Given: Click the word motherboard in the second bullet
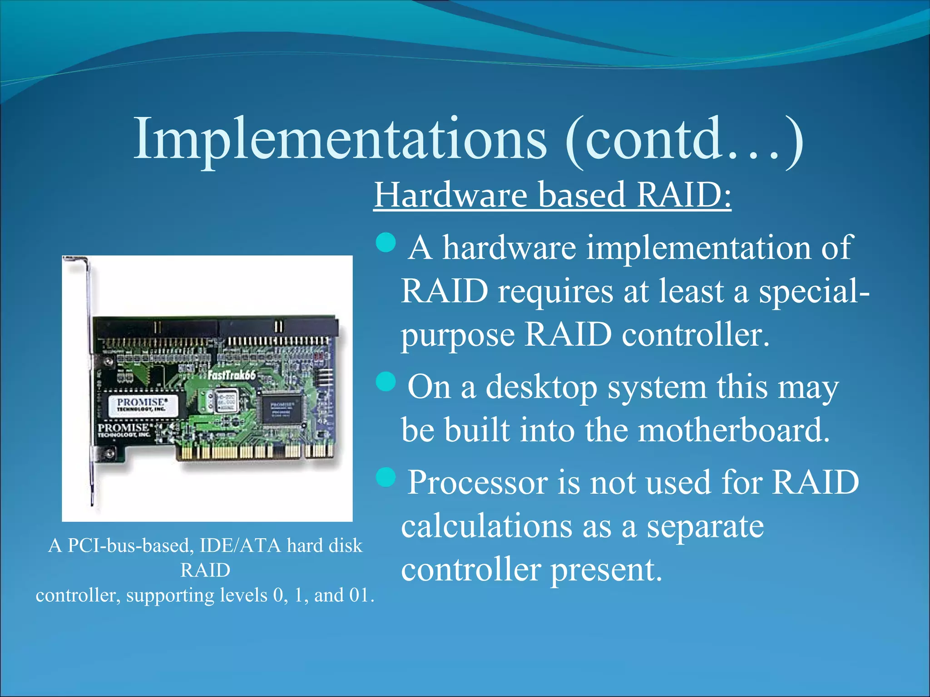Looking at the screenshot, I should pyautogui.click(x=733, y=430).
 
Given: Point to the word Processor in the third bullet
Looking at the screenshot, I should pyautogui.click(x=478, y=482).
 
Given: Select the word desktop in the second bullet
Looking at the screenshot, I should pyautogui.click(x=541, y=388).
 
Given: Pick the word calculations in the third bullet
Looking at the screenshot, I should pyautogui.click(x=486, y=526).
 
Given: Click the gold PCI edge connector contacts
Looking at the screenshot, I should pyautogui.click(x=254, y=451).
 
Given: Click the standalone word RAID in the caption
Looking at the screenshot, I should pyautogui.click(x=205, y=570).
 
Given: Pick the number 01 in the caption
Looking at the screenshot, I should pyautogui.click(x=359, y=595).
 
